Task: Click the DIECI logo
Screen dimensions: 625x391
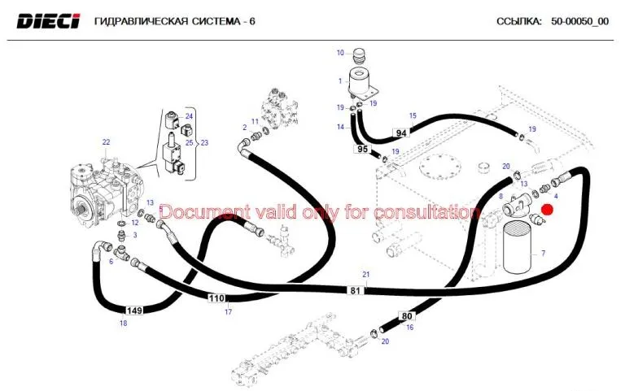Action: tap(48, 21)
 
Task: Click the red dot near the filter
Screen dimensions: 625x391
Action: tap(548, 210)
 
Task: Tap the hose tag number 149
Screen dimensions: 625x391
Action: tap(134, 310)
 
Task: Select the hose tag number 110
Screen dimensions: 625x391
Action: tap(216, 298)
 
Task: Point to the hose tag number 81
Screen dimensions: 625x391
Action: tap(355, 290)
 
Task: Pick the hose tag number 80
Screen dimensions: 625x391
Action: tap(406, 315)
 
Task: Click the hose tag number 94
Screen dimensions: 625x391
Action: tap(400, 133)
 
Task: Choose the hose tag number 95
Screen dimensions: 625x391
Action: tap(362, 149)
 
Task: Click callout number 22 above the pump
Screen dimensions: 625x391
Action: tap(106, 142)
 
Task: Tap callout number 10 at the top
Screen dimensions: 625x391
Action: tap(341, 53)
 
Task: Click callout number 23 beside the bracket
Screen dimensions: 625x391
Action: tap(204, 142)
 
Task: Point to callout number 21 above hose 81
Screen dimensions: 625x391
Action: tap(366, 275)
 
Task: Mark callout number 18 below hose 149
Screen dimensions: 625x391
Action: tap(123, 324)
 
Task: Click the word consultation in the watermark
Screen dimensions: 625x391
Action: tap(427, 212)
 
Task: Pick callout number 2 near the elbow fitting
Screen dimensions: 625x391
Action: tap(244, 127)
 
